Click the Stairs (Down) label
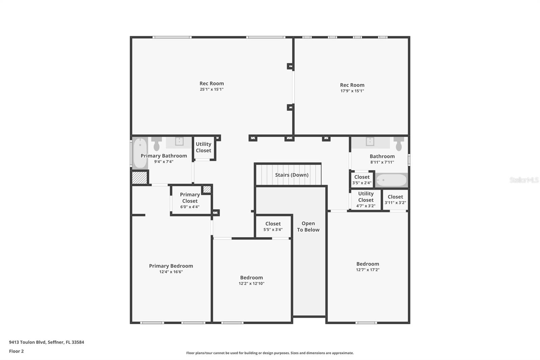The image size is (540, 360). (x=292, y=175)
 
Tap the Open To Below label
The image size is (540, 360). (x=308, y=227)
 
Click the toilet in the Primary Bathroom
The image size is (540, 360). (x=157, y=144)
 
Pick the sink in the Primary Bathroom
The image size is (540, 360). (x=179, y=141)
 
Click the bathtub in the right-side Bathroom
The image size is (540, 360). (x=391, y=180)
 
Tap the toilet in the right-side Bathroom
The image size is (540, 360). (x=399, y=143)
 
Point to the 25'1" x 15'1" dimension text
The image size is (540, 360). (x=212, y=89)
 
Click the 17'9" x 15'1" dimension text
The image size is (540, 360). (x=352, y=91)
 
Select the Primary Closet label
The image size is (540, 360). (x=190, y=198)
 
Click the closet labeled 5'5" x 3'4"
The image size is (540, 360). (x=273, y=227)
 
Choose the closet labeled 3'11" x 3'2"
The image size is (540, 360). (x=395, y=200)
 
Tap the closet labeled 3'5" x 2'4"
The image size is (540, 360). (x=362, y=180)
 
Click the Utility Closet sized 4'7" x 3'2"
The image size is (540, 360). (x=366, y=199)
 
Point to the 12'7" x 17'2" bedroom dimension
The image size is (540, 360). (x=368, y=270)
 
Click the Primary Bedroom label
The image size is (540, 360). (x=171, y=266)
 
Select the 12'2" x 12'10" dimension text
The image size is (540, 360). (x=251, y=284)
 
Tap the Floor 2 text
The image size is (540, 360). (x=16, y=351)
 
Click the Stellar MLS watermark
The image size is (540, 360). (x=524, y=180)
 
